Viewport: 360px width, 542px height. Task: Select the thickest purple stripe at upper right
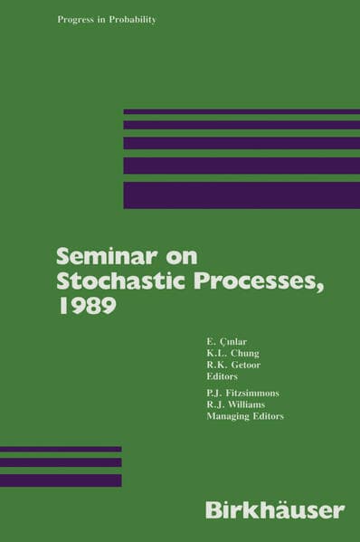tap(241, 195)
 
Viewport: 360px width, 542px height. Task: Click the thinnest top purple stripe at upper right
tap(241, 111)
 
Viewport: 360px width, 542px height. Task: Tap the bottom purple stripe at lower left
tap(61, 480)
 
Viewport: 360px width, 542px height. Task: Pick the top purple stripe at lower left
tap(61, 449)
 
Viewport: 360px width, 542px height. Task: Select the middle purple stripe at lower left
tap(61, 462)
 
